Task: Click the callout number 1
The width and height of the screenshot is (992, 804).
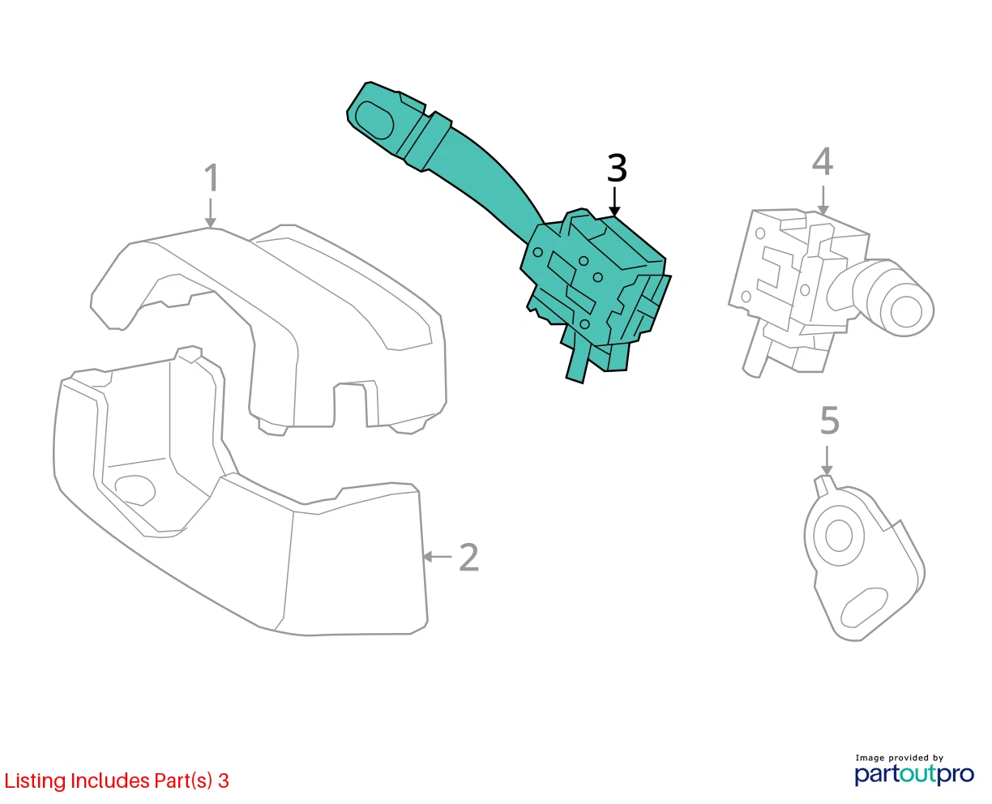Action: point(212,177)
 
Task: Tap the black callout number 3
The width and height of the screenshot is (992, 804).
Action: point(617,168)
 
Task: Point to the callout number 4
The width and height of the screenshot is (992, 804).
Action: point(822,161)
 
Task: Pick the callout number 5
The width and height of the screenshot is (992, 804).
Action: point(829,421)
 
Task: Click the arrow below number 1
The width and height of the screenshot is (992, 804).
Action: point(211,213)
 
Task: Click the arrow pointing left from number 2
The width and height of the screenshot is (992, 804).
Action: point(437,556)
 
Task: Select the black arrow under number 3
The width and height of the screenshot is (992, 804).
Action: point(615,202)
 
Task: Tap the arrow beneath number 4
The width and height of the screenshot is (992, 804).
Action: point(823,200)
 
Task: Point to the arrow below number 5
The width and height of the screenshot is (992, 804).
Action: point(827,461)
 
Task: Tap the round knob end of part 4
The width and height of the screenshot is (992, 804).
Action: point(906,311)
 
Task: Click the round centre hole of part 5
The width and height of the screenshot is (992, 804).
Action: point(839,536)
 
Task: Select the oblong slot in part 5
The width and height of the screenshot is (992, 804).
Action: point(864,608)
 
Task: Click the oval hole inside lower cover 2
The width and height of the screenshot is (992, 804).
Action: point(135,490)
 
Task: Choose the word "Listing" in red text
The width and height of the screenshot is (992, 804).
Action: point(35,781)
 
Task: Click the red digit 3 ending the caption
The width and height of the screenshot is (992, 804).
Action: point(224,780)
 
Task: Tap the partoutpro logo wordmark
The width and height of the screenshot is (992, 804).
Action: point(914,775)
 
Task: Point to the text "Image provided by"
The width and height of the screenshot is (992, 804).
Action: point(900,758)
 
